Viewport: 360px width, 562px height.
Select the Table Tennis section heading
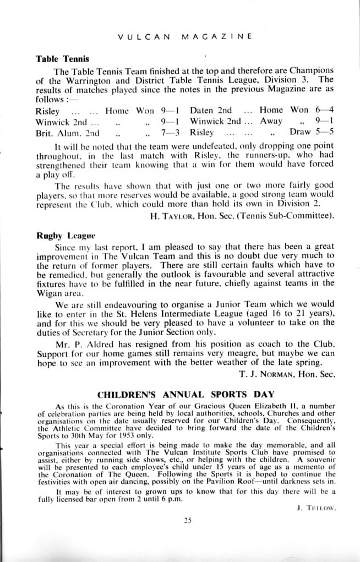[62, 58]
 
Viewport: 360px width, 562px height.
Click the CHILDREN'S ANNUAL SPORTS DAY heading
[179, 395]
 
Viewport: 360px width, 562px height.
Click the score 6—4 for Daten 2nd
[324, 110]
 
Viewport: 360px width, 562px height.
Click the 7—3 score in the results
[171, 133]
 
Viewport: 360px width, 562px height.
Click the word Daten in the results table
[201, 110]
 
